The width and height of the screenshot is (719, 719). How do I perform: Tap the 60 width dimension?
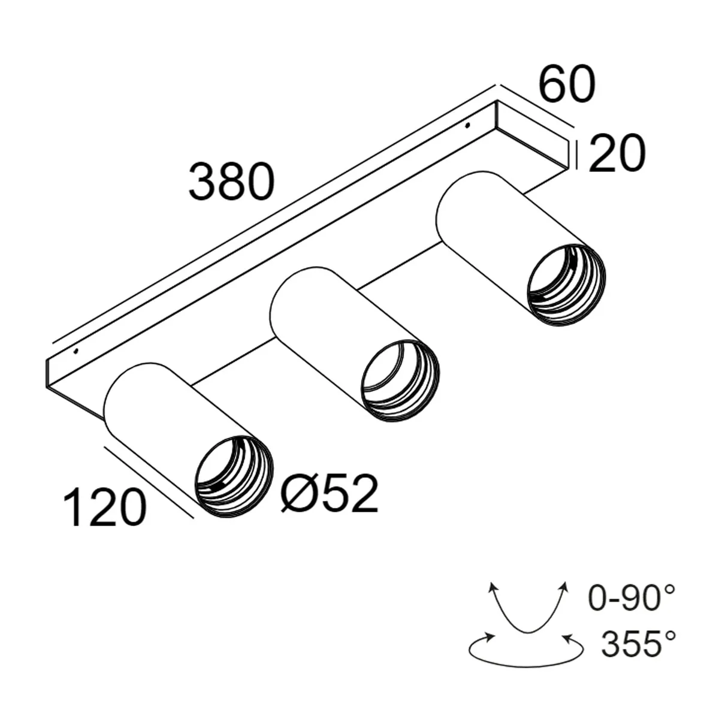pyautogui.click(x=567, y=84)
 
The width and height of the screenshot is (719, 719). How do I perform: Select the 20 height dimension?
pyautogui.click(x=617, y=153)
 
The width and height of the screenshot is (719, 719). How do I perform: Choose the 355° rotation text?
pyautogui.click(x=639, y=644)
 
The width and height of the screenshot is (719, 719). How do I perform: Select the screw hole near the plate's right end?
pyautogui.click(x=467, y=125)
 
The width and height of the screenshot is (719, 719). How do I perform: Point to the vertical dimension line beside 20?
pyautogui.click(x=576, y=154)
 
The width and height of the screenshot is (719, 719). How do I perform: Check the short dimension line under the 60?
pyautogui.click(x=536, y=106)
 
